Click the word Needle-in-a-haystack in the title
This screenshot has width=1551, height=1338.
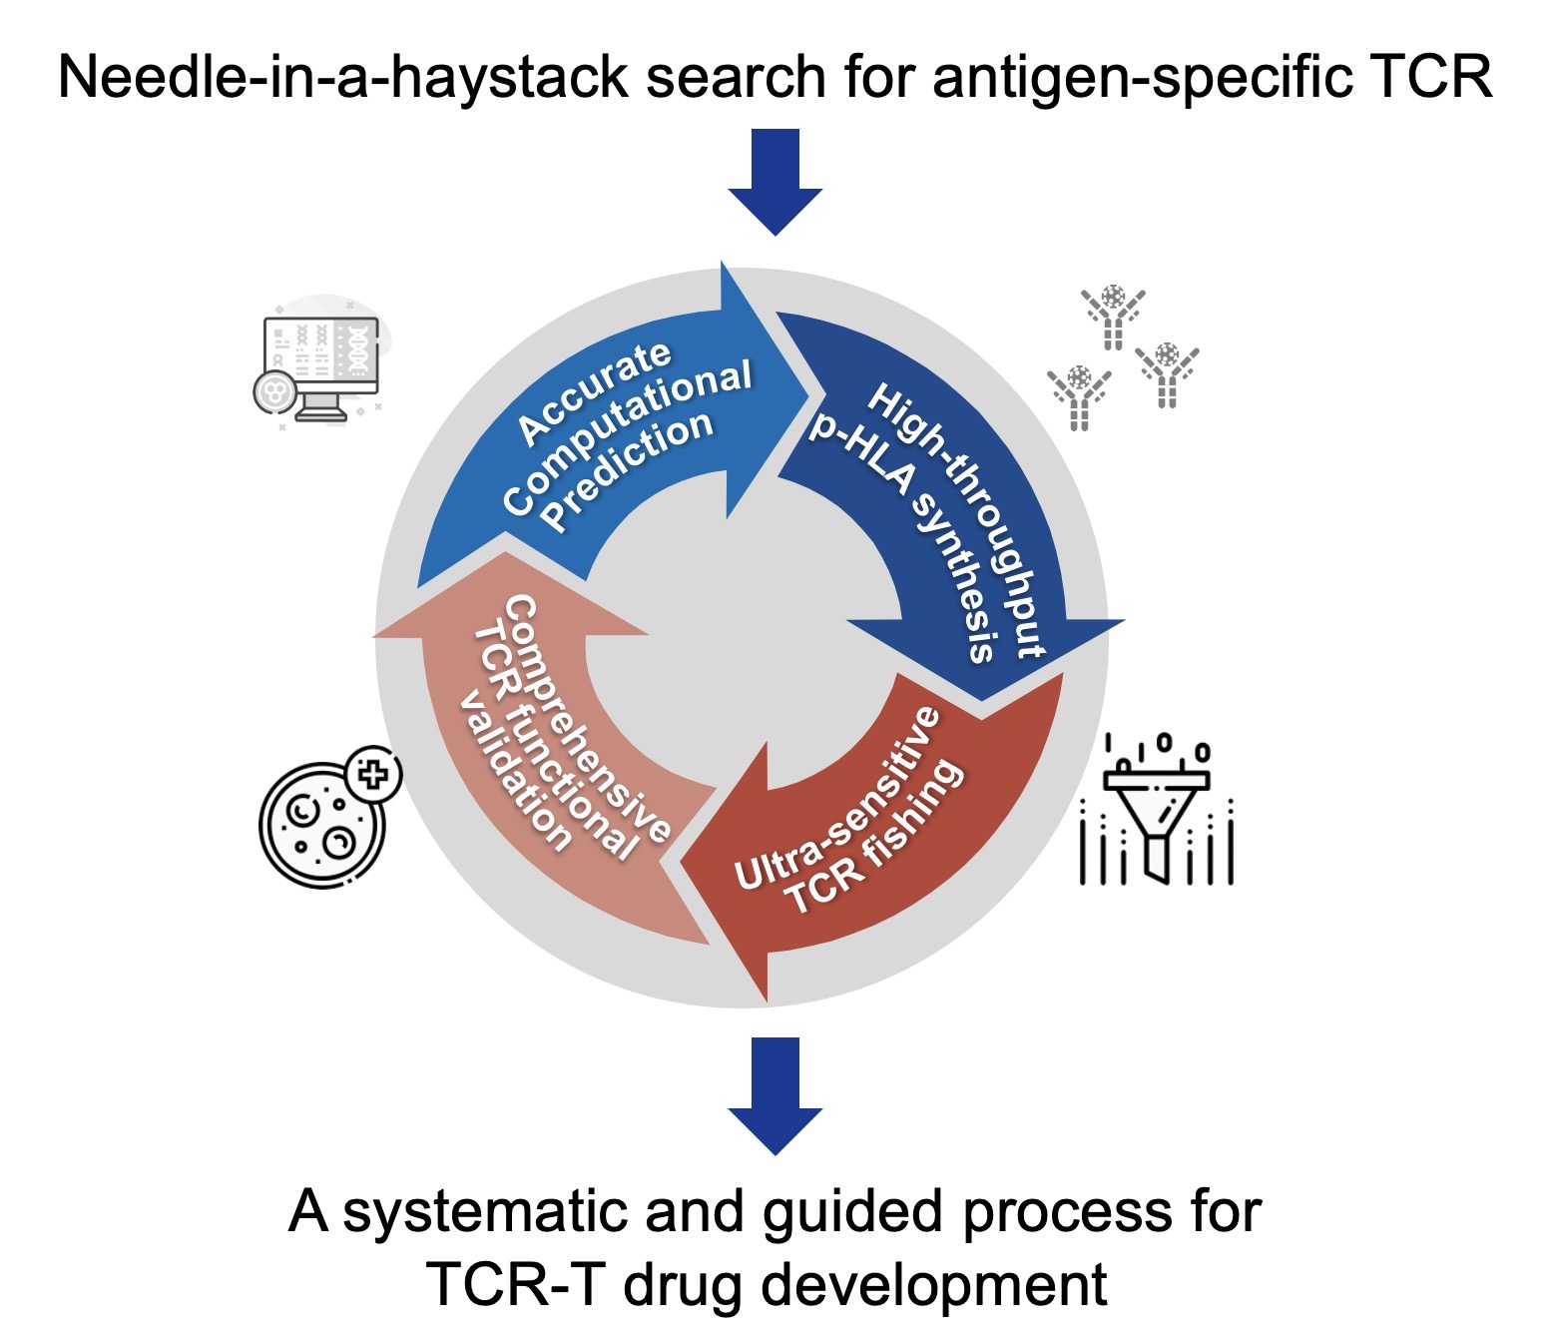click(x=343, y=77)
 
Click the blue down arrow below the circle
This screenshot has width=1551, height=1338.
click(x=775, y=1096)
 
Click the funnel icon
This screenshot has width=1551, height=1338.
click(x=1157, y=811)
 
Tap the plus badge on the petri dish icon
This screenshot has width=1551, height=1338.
click(x=373, y=774)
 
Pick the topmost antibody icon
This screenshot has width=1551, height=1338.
click(x=1113, y=317)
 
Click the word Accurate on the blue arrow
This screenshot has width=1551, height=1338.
click(x=594, y=391)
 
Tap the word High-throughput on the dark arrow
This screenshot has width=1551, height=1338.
click(x=957, y=519)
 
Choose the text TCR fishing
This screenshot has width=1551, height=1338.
click(x=875, y=837)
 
